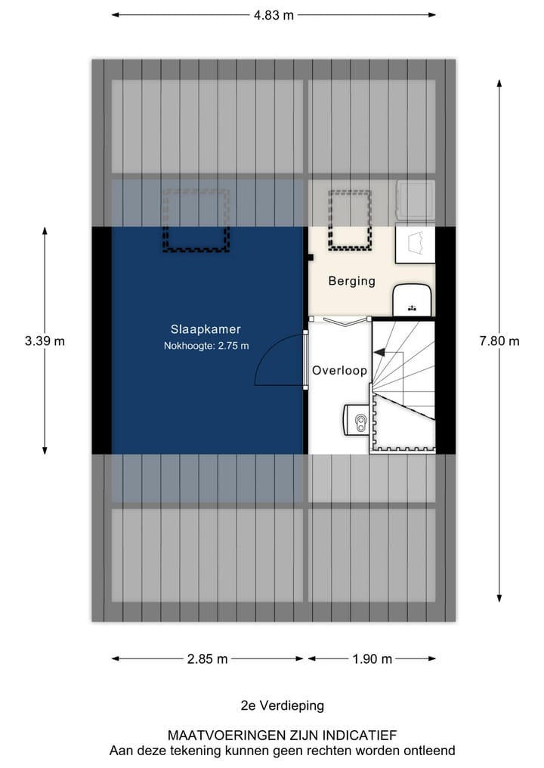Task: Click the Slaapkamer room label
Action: click(x=206, y=329)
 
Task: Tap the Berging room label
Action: click(x=351, y=281)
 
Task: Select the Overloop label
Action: click(x=340, y=371)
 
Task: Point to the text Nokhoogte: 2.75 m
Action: click(x=206, y=346)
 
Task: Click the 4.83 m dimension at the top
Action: click(x=273, y=14)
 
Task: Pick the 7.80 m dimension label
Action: click(x=499, y=341)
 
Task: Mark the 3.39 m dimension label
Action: click(x=45, y=341)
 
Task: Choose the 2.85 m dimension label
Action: click(x=207, y=659)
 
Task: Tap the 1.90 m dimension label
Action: click(x=372, y=659)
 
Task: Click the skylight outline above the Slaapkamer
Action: click(x=196, y=221)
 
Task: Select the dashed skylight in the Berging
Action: click(x=350, y=221)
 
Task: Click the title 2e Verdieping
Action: click(x=282, y=705)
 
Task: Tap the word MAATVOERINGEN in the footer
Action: click(x=220, y=735)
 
